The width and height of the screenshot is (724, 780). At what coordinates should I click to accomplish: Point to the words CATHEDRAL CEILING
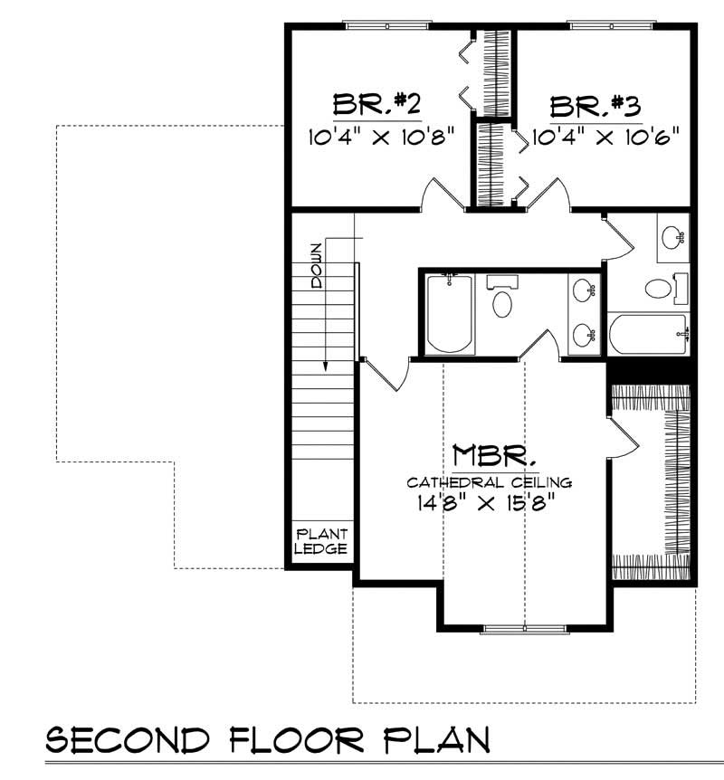[490, 481]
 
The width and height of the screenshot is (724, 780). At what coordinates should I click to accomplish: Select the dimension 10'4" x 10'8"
[381, 138]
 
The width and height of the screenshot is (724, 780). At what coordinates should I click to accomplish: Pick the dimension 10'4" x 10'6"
[605, 138]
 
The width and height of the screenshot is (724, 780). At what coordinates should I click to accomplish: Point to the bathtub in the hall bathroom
[648, 336]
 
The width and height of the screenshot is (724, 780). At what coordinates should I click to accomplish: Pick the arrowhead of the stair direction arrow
[324, 366]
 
